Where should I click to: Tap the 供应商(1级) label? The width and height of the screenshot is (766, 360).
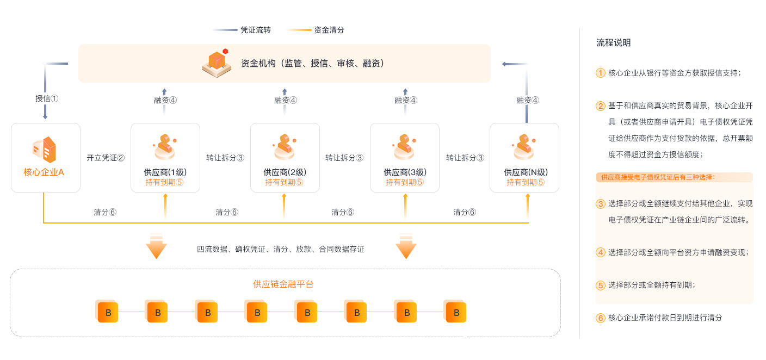coord(165,172)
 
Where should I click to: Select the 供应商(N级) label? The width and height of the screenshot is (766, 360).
coord(525,172)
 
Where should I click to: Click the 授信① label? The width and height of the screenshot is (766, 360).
coord(46,99)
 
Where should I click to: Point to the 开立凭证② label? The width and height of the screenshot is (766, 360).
coord(106,158)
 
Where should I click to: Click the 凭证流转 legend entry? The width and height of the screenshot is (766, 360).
coord(255,30)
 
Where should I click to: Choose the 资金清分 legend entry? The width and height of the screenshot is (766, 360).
coord(329,30)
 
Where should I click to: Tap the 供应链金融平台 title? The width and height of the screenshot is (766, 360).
coord(283,284)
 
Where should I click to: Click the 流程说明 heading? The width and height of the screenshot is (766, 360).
coord(613,43)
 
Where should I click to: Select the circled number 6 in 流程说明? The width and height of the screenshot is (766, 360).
coord(601,318)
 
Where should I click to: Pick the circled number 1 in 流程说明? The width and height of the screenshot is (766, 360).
coord(601,73)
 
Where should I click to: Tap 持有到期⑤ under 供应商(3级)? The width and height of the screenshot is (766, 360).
coord(405,183)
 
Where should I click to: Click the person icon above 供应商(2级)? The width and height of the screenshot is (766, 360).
coord(284,145)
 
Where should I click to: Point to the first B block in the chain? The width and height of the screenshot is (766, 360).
coord(108,312)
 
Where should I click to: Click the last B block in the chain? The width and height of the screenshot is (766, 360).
coord(456,312)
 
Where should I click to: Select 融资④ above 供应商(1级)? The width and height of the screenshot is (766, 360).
coord(165,100)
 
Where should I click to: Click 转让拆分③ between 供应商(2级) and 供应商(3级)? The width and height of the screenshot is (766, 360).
coord(344,158)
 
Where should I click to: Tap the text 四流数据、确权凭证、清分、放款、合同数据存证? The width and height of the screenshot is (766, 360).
coord(281,249)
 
